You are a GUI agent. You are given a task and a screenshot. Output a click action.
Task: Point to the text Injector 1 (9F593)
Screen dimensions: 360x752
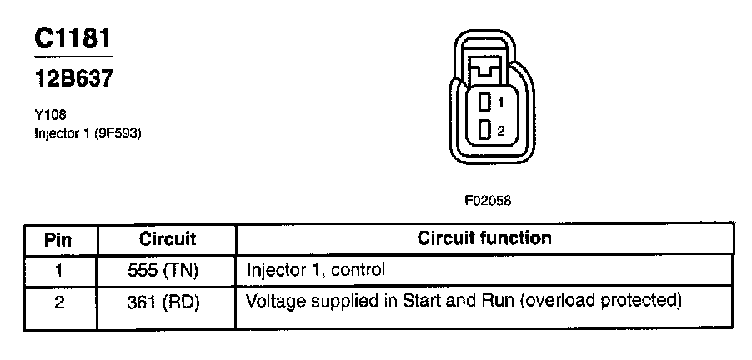(x=83, y=132)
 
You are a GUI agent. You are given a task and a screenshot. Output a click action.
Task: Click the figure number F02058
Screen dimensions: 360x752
(x=488, y=201)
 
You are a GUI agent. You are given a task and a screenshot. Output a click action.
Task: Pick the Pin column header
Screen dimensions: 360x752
(x=58, y=240)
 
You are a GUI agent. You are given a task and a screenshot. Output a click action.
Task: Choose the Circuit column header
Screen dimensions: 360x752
(x=167, y=239)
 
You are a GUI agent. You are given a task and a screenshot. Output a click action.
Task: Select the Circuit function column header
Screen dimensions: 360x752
(x=484, y=238)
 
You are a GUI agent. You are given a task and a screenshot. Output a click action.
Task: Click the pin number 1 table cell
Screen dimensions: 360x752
(x=58, y=270)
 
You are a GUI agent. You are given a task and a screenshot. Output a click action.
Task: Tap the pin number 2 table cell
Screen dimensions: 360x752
(x=58, y=301)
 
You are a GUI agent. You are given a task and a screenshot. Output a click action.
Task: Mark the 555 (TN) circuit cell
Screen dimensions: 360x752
(x=167, y=270)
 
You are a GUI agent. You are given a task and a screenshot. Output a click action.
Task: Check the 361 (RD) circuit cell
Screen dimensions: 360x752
(x=167, y=301)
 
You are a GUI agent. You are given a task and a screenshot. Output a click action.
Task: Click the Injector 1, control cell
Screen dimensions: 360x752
(x=316, y=270)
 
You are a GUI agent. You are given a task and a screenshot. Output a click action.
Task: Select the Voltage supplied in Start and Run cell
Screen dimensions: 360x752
(x=379, y=299)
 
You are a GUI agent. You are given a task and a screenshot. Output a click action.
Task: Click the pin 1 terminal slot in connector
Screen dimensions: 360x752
(x=484, y=103)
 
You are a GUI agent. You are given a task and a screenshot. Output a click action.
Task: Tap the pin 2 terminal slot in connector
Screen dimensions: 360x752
(x=484, y=130)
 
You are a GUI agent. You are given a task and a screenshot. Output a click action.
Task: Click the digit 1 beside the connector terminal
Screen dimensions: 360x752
(x=500, y=103)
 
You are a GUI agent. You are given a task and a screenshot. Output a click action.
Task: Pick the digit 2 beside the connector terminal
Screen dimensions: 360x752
(x=500, y=130)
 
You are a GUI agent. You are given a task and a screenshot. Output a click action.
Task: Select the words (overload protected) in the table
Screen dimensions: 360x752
(x=600, y=299)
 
